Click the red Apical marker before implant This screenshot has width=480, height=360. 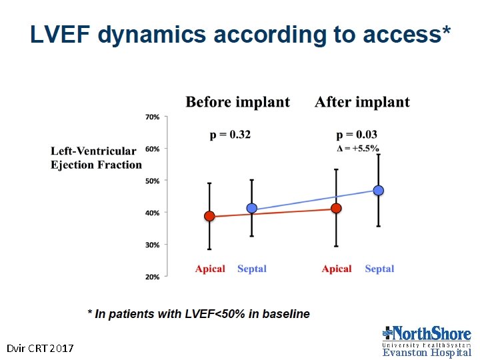coord(209,216)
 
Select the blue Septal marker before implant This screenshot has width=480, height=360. coord(251,208)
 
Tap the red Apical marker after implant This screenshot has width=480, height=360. coord(336,208)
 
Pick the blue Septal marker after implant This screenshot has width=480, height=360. coord(379,191)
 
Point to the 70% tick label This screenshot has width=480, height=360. coord(152,117)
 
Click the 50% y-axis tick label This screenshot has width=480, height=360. coord(152,181)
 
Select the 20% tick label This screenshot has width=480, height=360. coord(152,277)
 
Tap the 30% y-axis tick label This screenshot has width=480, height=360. coord(152,245)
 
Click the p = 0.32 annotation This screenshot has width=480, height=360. coord(230,135)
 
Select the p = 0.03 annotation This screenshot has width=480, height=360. coord(357,135)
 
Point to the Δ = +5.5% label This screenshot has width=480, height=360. coord(357,149)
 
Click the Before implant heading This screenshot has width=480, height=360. coord(237,102)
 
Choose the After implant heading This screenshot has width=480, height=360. coord(362,102)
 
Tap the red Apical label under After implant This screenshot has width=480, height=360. coord(337,269)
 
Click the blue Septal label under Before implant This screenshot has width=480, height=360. coord(252,269)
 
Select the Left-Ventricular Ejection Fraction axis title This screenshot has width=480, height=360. coord(96,158)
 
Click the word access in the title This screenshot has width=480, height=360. coord(402,34)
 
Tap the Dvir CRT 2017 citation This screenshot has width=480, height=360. coord(40,349)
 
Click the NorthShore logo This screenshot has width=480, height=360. coord(427,341)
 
